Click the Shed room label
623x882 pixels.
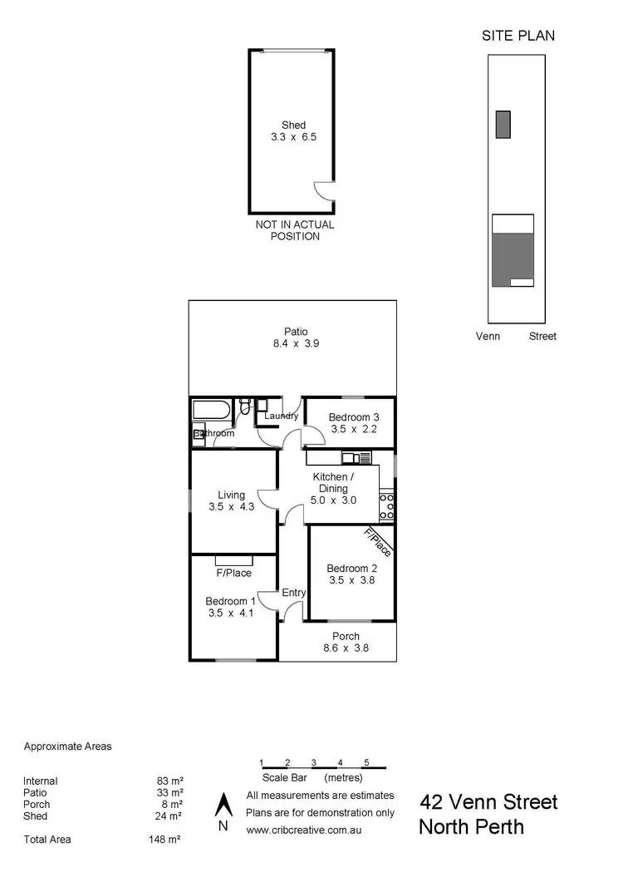293,126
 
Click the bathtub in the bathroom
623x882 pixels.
213,410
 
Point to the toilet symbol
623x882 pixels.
245,408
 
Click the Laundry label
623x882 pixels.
281,416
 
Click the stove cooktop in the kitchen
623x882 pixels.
386,502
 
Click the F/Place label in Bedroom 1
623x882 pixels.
233,573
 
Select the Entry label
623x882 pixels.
294,593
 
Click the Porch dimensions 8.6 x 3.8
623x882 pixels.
345,648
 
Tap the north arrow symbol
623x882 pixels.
222,805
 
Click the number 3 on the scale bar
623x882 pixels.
313,762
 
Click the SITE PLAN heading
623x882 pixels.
518,35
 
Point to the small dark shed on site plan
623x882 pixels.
503,124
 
